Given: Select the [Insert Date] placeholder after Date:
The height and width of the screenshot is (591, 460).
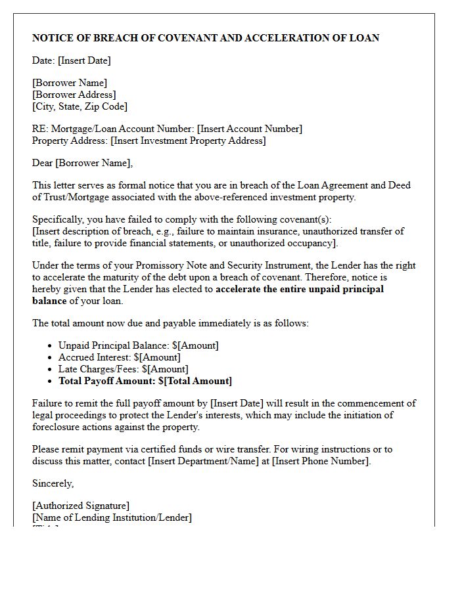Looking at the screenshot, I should (84, 60).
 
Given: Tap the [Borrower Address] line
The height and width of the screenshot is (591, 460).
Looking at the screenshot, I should (74, 95).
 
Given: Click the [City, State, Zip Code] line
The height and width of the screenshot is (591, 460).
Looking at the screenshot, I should (80, 106).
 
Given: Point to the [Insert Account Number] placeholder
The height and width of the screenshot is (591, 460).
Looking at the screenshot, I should (250, 129).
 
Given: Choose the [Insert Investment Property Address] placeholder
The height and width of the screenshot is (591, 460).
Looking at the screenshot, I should (188, 141).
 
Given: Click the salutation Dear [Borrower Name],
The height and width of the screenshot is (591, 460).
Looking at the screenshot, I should (82, 163).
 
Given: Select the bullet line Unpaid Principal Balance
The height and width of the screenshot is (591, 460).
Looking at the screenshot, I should (138, 345).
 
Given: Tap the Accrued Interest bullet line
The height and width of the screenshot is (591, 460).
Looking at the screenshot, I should (119, 357).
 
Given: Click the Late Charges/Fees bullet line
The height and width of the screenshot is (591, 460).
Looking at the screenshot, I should (123, 369).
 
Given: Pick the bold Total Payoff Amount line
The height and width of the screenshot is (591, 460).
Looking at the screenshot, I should (145, 381).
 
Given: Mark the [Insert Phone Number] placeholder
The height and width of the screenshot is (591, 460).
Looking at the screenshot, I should (321, 461).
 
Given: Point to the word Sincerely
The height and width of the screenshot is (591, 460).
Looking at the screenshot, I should (53, 483).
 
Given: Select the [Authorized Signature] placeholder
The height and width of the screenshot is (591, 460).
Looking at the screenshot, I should (81, 506).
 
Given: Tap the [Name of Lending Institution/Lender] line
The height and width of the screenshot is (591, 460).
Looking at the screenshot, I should (112, 517).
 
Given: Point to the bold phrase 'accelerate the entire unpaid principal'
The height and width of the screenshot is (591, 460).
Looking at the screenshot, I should (300, 289).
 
